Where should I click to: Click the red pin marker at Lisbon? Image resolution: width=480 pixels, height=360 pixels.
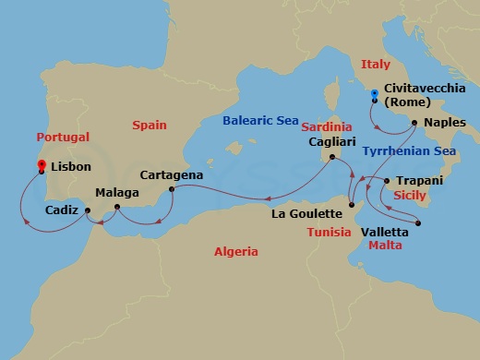pos(42,165)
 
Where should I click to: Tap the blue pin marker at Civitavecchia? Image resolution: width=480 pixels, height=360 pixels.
pos(373,94)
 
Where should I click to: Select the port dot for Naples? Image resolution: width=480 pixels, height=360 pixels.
pos(414,123)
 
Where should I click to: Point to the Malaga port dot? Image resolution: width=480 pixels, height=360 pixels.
pos(117,208)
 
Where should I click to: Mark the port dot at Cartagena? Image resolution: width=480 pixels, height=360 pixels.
pos(171,190)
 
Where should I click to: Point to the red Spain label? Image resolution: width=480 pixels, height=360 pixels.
pos(149,125)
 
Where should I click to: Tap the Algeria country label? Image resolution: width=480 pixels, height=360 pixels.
pos(235,251)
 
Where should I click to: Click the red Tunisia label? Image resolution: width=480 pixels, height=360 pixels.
pos(330,232)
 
